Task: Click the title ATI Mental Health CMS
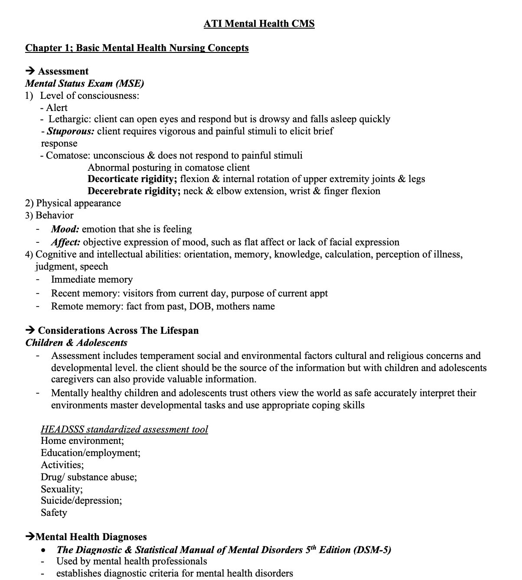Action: (259, 23)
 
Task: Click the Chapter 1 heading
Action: (137, 48)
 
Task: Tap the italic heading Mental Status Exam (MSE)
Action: (85, 83)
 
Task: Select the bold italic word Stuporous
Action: (70, 131)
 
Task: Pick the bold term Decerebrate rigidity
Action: (134, 191)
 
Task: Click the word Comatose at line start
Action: (67, 156)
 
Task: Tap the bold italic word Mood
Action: (65, 229)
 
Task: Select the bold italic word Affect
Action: (65, 242)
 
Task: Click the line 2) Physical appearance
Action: (73, 203)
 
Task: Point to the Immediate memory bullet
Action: (91, 280)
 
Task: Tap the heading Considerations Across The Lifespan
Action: (118, 331)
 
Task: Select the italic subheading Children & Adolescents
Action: (76, 343)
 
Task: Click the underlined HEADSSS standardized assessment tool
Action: (124, 430)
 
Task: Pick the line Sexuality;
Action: (62, 489)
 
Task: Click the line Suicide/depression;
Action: (81, 501)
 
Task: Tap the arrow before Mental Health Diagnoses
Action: (30, 538)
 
